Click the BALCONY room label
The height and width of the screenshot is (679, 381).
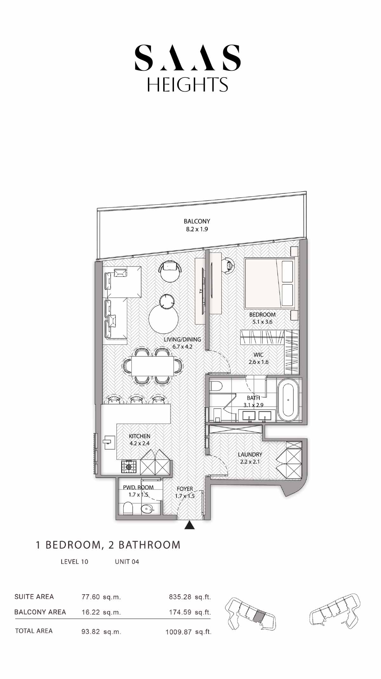(197, 221)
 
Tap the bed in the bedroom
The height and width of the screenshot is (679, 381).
(270, 283)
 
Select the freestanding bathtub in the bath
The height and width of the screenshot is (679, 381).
(288, 400)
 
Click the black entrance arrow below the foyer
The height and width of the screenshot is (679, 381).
(190, 525)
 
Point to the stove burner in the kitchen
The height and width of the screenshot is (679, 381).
(129, 467)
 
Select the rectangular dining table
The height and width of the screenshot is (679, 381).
(153, 366)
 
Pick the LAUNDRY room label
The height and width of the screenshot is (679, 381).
(250, 454)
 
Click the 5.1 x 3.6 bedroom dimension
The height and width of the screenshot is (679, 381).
(262, 322)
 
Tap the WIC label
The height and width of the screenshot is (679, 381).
(258, 355)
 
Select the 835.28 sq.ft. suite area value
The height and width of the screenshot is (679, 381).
(190, 597)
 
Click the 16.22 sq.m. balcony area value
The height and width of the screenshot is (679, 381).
(101, 612)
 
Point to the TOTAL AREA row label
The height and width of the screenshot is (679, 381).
(34, 631)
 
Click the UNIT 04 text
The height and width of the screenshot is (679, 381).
(127, 562)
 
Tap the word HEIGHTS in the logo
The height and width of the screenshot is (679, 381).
(188, 84)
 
